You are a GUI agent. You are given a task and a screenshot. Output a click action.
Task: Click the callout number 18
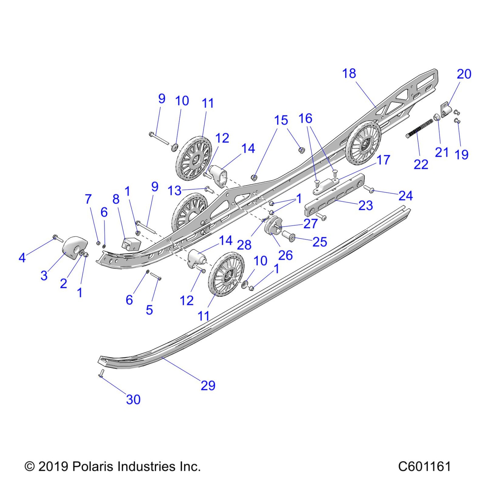[x=349, y=73]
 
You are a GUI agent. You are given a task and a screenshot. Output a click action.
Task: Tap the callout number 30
[x=133, y=399]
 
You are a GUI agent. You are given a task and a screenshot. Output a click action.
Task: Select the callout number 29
[x=208, y=385]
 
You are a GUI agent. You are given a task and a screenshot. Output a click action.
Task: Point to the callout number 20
[x=464, y=74]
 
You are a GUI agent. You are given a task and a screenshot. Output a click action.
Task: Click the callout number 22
[x=421, y=164]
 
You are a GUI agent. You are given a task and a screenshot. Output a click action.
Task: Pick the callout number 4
[x=22, y=258]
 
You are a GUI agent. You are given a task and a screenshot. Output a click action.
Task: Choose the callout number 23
[x=366, y=206]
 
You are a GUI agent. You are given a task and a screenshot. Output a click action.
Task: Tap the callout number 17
[x=383, y=160]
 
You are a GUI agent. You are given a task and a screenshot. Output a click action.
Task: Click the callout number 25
[x=320, y=242]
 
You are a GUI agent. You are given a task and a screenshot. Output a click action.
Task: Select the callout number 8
[x=116, y=199]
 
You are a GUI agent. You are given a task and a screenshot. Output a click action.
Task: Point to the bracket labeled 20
[x=445, y=110]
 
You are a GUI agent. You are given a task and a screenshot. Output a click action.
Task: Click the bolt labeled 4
[x=58, y=238]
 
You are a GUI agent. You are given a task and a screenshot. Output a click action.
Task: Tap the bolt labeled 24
[x=369, y=189]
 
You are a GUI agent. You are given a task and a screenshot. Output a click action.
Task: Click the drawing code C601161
[x=424, y=466]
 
